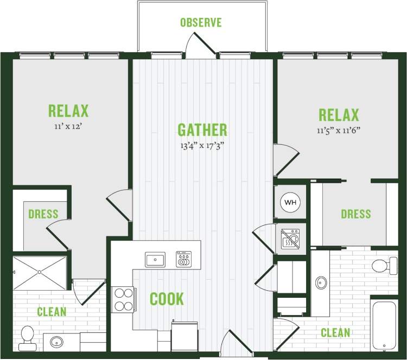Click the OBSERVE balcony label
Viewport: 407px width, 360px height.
pos(201,23)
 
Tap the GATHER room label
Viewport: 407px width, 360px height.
pos(202,130)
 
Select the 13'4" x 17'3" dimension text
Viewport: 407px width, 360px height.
pos(202,145)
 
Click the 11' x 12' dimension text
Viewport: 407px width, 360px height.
pos(68,126)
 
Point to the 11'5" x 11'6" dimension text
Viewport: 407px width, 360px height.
pos(339,130)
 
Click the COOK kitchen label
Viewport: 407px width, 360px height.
pos(167,299)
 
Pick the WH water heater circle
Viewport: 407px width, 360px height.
pos(291,203)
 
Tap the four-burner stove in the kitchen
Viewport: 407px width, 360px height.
pos(123,299)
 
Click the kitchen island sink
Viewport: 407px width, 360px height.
pos(155,259)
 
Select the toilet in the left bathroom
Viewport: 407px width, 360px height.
pos(26,338)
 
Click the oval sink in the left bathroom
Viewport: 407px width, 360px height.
pos(58,342)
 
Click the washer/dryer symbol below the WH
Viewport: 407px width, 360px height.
pos(291,237)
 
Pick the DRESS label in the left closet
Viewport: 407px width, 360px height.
pos(43,214)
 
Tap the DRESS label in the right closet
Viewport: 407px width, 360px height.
pos(356,214)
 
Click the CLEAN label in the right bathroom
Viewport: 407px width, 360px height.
pos(335,332)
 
